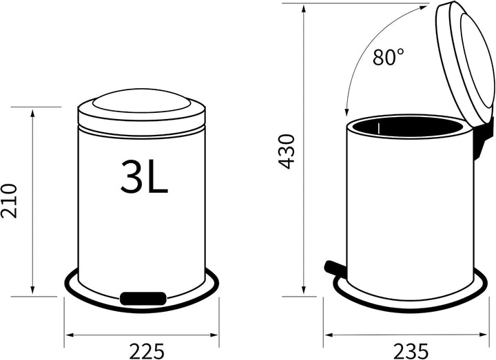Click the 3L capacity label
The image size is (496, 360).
[x=144, y=176]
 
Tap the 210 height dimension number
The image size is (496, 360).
[x=8, y=201]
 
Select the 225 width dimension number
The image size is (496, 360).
[x=147, y=351]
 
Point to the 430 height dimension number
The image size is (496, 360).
[x=287, y=151]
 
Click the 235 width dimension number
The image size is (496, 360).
[x=411, y=351]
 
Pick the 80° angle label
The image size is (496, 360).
[x=388, y=57]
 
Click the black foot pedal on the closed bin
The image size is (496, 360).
[x=143, y=298]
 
